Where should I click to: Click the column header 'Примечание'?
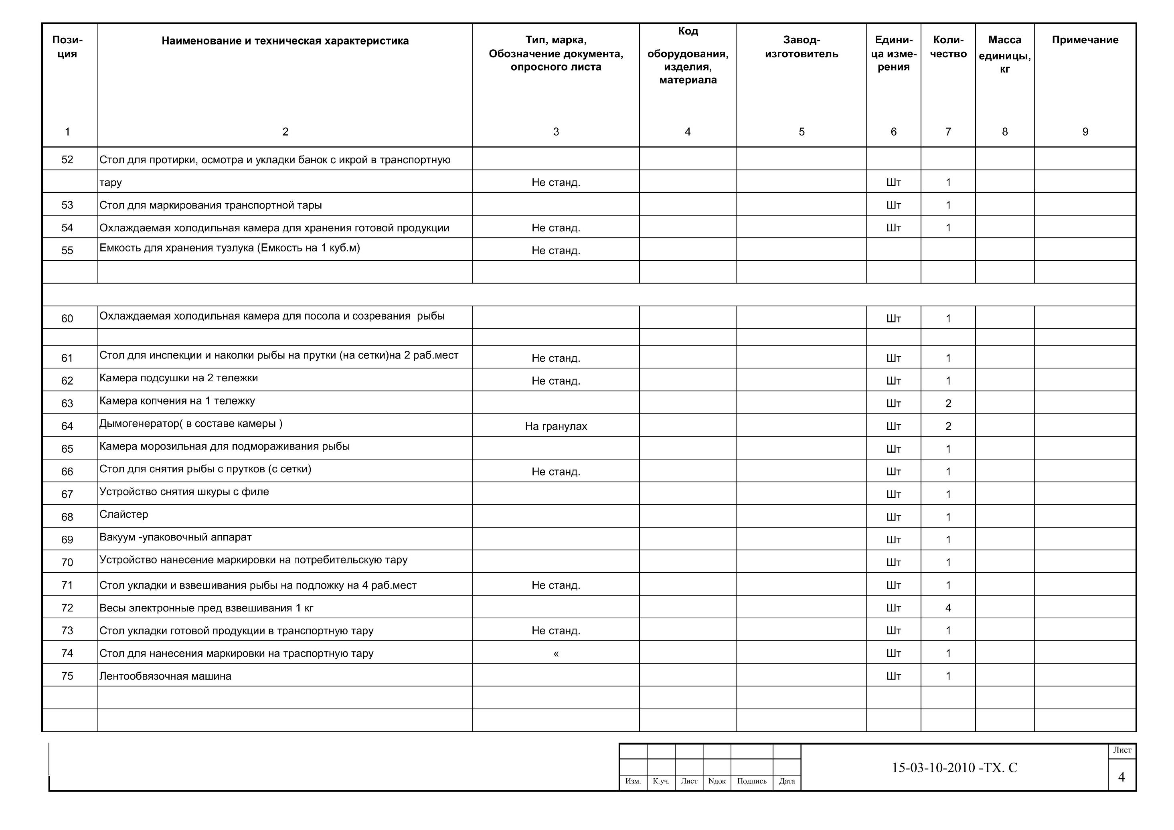coord(1085,40)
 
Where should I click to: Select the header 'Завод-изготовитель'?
coord(801,47)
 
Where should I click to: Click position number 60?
coord(67,319)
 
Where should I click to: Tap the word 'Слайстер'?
coord(124,514)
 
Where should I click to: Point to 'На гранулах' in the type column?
coord(556,426)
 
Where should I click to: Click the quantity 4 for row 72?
coord(948,607)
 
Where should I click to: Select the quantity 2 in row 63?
coord(948,403)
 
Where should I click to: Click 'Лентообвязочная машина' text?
coord(165,676)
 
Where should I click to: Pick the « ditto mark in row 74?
coord(556,654)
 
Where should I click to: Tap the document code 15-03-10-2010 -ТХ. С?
coord(954,767)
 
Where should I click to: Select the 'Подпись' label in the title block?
coord(752,781)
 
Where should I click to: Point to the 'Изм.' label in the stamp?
coord(633,781)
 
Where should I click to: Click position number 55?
coord(67,251)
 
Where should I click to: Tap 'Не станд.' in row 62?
coord(556,381)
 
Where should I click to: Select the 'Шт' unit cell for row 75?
coord(893,676)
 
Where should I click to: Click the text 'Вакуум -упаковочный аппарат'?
coord(175,537)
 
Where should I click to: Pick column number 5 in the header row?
coord(801,132)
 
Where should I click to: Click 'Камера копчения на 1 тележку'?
coord(177,401)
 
